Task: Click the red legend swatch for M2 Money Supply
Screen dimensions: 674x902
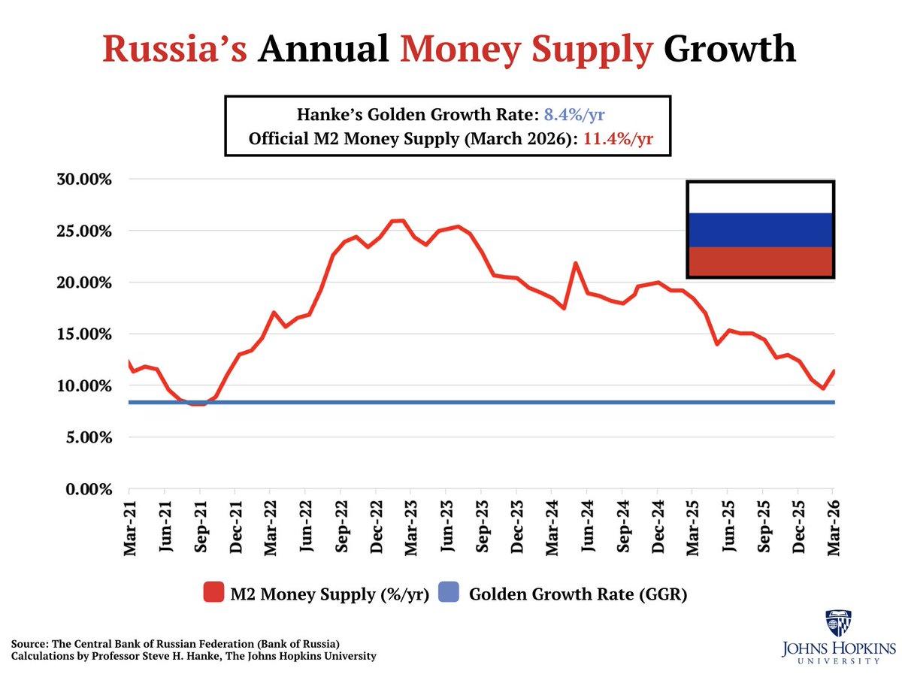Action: (214, 594)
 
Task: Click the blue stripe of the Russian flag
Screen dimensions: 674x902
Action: (760, 230)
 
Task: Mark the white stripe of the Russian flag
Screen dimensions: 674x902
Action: (760, 198)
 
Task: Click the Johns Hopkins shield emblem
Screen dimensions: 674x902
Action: (837, 624)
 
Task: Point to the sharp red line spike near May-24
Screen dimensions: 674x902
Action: (575, 264)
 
